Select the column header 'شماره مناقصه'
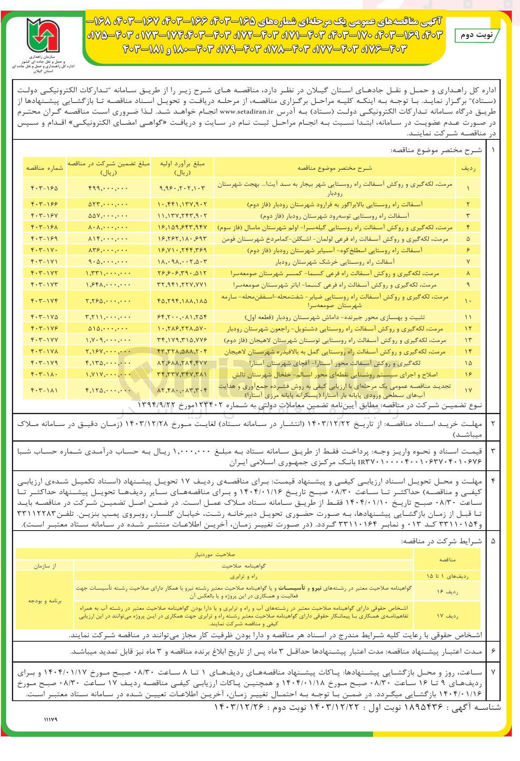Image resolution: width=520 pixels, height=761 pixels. tap(44, 168)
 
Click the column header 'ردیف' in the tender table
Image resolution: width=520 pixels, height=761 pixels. tap(468, 168)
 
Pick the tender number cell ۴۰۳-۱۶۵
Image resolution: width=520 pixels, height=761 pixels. tap(44, 188)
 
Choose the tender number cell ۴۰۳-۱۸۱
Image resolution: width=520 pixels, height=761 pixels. tap(44, 390)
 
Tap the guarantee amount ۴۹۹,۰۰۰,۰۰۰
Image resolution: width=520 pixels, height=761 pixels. tap(108, 188)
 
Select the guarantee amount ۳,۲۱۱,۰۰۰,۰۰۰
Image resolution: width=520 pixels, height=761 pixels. tap(108, 317)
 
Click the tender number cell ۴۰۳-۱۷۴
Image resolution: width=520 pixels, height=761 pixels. tap(44, 301)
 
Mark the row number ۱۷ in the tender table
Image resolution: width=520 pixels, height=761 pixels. tap(468, 390)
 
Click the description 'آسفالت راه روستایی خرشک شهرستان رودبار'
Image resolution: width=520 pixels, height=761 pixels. tap(334, 262)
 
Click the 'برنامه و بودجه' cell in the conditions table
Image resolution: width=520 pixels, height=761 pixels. tap(45, 601)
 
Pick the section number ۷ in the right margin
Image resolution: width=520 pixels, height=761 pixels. tap(493, 672)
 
